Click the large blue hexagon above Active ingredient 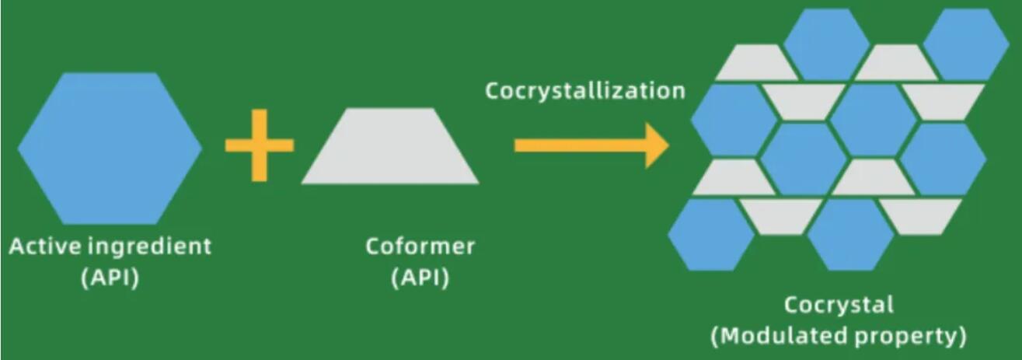pyautogui.click(x=110, y=146)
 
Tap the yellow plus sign pyautogui.click(x=260, y=145)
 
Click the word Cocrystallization pyautogui.click(x=585, y=91)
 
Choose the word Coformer pyautogui.click(x=420, y=247)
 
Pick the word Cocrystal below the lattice pyautogui.click(x=839, y=305)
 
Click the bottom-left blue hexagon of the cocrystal pyautogui.click(x=711, y=234)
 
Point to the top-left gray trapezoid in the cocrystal pyautogui.click(x=751, y=63)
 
